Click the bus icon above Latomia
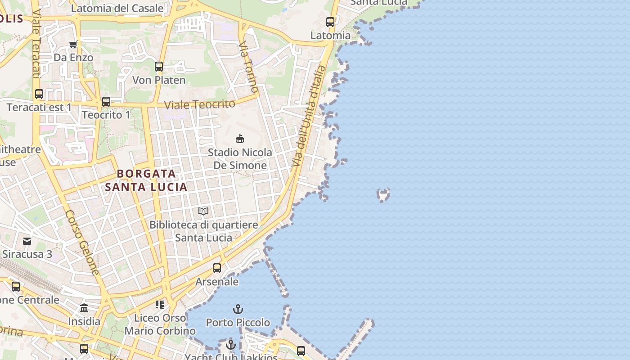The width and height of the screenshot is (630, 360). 330,22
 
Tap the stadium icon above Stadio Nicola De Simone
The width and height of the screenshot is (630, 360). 240,139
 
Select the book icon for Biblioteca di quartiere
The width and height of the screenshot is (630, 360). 203,211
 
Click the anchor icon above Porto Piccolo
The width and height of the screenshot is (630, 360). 238,309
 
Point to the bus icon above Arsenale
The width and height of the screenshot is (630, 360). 217,268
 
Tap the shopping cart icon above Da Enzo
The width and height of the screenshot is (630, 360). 73,44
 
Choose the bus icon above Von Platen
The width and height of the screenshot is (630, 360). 159,67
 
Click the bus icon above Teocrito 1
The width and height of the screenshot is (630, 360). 106,102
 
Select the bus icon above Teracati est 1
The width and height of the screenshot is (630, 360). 39,94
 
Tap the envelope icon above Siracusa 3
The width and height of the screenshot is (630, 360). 27,241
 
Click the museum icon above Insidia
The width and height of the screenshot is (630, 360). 84,308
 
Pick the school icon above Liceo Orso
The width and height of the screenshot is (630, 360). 160,305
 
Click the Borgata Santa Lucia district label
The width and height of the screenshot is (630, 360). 146,180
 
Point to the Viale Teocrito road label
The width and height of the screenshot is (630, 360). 199,104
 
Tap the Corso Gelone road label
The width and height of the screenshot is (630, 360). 82,243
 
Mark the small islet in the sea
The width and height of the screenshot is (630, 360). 383,195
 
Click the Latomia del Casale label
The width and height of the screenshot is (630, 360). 117,8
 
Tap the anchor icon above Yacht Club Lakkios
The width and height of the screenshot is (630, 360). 231,345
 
